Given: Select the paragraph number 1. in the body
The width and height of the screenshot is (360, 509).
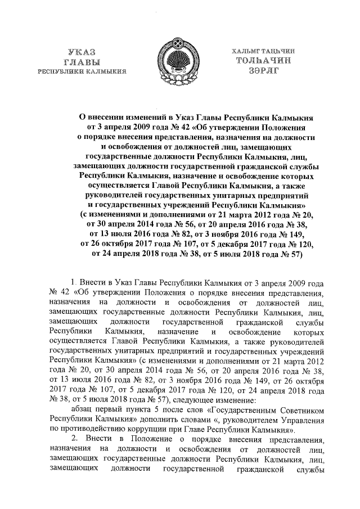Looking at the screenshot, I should pos(73,280).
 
